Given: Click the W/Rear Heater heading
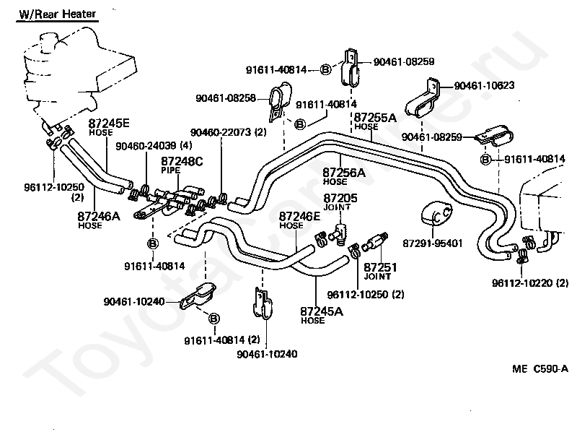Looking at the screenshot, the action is coord(58,14).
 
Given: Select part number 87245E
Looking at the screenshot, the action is coord(109,123).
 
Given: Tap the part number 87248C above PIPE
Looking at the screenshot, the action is coord(182,161).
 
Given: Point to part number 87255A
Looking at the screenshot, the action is coord(375,118).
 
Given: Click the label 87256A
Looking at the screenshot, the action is coord(344,173).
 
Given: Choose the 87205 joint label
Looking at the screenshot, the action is coord(340,199).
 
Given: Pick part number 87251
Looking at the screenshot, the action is coord(381,267).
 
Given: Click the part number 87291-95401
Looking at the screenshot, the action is coord(433,243).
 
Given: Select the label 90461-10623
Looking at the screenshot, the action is coord(484,85).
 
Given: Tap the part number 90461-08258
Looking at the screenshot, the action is coord(226,98).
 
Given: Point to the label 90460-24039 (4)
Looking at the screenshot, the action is coord(154,146).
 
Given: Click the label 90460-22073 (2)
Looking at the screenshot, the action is coord(229,132).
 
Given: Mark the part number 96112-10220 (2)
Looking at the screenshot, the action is coord(530,283).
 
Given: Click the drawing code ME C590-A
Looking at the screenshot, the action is coord(540,368).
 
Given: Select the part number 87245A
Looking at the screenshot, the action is coord(322,311).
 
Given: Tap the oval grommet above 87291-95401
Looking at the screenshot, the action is coord(437,213).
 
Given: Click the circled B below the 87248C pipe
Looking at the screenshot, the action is coord(153,243).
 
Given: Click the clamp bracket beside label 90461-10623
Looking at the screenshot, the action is coord(424,97).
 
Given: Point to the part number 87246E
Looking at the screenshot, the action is coord(299,217).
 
